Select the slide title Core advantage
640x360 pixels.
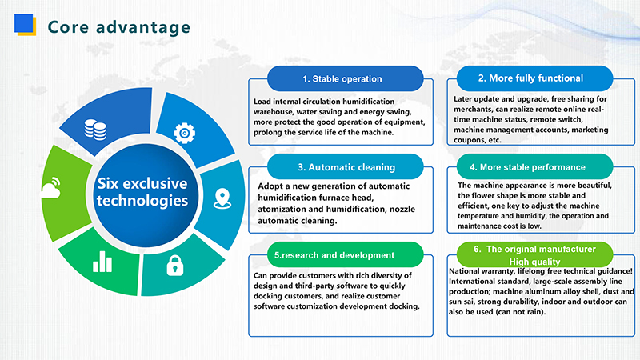tap(119, 26)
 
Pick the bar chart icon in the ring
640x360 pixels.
tap(102, 261)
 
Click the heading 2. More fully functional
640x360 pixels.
tap(530, 78)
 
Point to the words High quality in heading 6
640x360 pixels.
tap(534, 262)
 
